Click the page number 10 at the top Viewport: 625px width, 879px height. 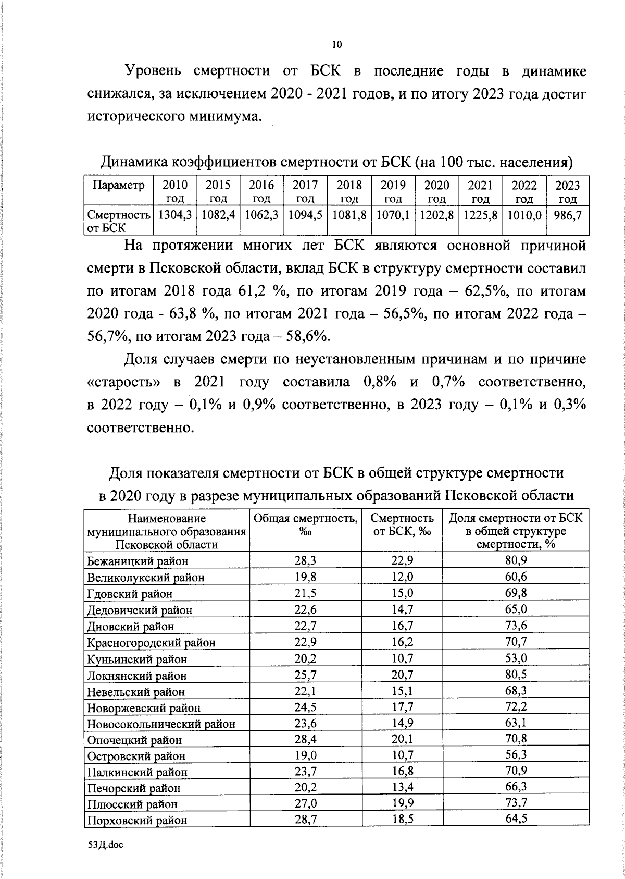(x=337, y=45)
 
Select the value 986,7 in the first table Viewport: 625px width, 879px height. (x=568, y=215)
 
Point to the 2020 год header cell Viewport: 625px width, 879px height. (x=437, y=192)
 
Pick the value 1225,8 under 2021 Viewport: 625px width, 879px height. (x=481, y=215)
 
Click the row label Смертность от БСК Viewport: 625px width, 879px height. (x=119, y=221)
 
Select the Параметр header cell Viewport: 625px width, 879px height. (x=118, y=186)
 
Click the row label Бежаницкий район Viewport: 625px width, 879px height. (x=137, y=561)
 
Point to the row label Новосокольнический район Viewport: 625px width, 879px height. (x=161, y=724)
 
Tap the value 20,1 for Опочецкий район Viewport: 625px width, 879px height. (x=402, y=739)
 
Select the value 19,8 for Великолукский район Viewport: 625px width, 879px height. (x=306, y=577)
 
